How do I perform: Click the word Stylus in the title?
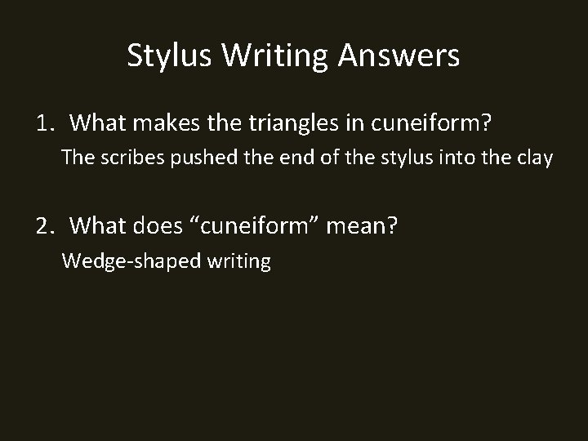click(x=167, y=56)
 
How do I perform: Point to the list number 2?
click(x=44, y=226)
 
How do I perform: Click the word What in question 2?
click(x=97, y=226)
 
